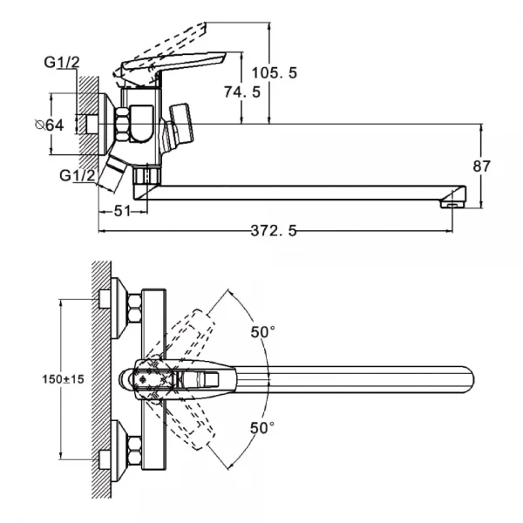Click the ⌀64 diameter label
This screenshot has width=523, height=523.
[x=51, y=126]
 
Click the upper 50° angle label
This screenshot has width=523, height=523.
[x=262, y=332]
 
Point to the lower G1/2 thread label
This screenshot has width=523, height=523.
[x=78, y=175]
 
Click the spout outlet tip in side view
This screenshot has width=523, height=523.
[x=450, y=204]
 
